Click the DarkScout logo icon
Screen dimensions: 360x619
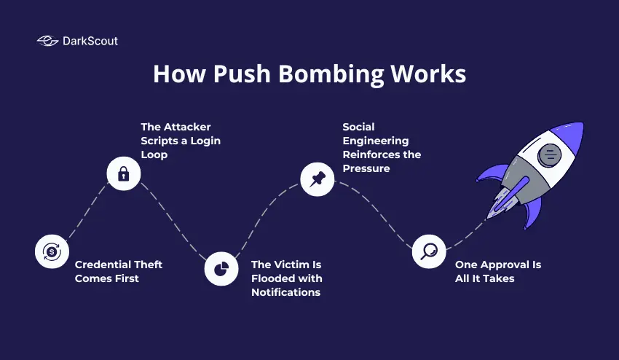[x=48, y=42]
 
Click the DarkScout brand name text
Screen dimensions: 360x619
[x=90, y=42]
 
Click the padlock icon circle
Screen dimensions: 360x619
[x=124, y=173]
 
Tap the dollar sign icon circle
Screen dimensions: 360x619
[x=51, y=252]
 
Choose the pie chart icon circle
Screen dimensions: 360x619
[x=221, y=269]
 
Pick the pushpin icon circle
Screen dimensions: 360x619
[x=318, y=179]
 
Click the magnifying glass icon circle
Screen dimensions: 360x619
[x=428, y=251]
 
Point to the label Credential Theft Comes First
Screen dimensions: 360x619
[x=118, y=271]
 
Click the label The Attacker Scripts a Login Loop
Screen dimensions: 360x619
[x=181, y=140]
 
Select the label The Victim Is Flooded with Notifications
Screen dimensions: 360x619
[x=286, y=278]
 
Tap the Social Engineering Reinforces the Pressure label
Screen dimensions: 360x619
[x=382, y=147]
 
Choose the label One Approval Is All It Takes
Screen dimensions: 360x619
[x=498, y=271]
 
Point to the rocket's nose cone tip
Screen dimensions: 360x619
[x=580, y=125]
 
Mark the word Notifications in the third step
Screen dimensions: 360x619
[x=285, y=292]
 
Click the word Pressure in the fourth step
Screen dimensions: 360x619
[x=367, y=168]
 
